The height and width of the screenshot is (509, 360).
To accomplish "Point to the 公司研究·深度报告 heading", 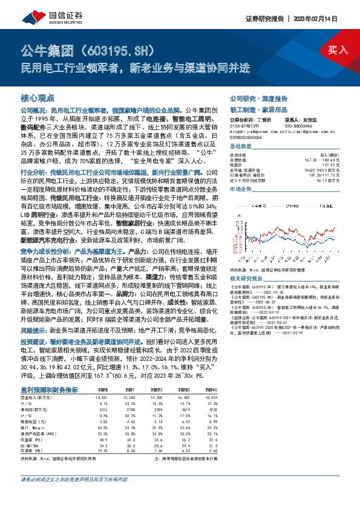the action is (x=253, y=98).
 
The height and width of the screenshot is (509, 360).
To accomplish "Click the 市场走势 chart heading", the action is (x=240, y=189).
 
